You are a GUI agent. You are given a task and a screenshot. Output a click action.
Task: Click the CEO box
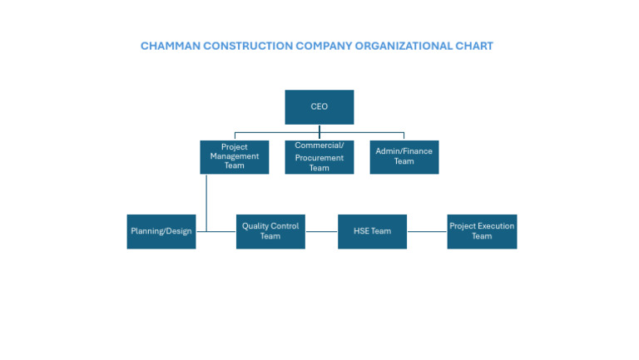pos(319,107)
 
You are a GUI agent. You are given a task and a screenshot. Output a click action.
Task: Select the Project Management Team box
pos(234,156)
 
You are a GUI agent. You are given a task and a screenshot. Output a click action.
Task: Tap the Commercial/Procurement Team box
pos(319,156)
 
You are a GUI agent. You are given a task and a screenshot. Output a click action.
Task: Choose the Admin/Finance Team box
pos(404,156)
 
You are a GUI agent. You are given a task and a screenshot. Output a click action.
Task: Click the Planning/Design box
pos(161,231)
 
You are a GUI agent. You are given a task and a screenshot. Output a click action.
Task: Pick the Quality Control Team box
pos(270,231)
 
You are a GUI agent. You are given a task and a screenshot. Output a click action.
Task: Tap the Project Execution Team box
pos(482,231)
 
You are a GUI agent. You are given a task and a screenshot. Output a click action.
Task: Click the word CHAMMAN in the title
pos(169,47)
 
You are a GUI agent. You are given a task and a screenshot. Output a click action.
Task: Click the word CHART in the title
pos(473,47)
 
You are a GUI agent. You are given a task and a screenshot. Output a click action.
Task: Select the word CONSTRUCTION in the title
pos(246,47)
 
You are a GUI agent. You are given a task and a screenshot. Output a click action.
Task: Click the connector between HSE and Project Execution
pos(427,231)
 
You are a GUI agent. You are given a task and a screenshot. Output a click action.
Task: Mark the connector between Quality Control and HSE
pos(321,231)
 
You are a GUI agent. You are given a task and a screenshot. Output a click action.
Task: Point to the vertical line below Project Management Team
pos(206,200)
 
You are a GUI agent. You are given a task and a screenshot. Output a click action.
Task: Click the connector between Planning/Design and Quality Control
pos(216,231)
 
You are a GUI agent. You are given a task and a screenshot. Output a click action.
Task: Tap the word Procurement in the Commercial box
pos(319,157)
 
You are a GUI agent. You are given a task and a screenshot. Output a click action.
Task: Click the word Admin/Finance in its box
pos(404,151)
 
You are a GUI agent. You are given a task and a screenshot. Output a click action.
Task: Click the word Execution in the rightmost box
pos(495,226)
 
